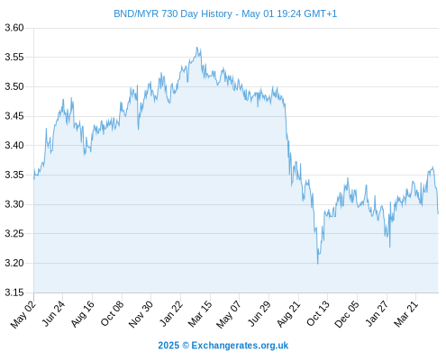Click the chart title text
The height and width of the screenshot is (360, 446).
click(225, 13)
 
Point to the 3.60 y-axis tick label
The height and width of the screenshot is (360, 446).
click(14, 28)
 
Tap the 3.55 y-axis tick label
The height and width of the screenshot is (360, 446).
click(14, 57)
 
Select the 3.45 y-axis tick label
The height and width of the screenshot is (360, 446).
click(14, 116)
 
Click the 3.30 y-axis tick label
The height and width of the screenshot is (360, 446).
click(14, 204)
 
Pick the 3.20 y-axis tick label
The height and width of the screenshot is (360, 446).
click(14, 263)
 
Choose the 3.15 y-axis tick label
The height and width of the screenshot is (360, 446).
click(14, 292)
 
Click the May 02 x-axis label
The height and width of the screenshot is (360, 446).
click(23, 314)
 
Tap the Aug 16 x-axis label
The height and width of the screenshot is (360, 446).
click(83, 314)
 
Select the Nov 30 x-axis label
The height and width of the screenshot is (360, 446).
click(141, 314)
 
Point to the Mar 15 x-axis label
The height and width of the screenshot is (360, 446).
click(200, 314)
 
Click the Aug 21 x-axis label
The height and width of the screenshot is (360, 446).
click(288, 314)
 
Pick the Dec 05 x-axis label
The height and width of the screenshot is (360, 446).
click(347, 314)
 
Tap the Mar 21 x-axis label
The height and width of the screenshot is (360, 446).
click(405, 314)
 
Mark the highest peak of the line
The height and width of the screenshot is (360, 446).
click(197, 47)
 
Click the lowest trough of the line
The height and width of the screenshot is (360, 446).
click(318, 264)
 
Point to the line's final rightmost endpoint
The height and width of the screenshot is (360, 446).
click(438, 213)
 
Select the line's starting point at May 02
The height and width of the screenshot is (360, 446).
click(34, 178)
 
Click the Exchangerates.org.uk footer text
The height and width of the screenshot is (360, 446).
click(240, 346)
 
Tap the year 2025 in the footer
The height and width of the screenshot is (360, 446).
click(168, 346)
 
